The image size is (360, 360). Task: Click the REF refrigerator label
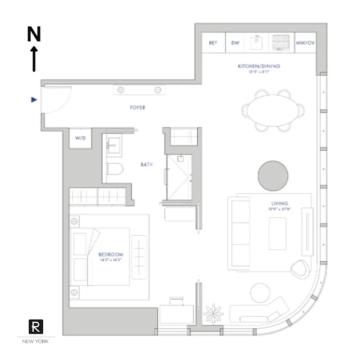point(213,43)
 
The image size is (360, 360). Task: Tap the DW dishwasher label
point(235,43)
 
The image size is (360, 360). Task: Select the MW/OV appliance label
point(306,43)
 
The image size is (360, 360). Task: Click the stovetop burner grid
point(282,44)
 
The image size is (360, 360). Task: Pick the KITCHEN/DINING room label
point(259,66)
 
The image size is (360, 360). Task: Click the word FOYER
point(137,108)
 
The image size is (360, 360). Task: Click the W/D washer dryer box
point(80,139)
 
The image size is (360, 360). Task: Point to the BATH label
point(146,165)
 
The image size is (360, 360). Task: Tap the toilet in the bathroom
point(116,170)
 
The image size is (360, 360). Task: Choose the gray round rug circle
point(273,176)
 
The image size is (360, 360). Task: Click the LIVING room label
point(279,203)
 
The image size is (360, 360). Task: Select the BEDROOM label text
point(110,254)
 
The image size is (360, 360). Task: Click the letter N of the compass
point(34,34)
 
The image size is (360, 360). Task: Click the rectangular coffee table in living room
point(277,233)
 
